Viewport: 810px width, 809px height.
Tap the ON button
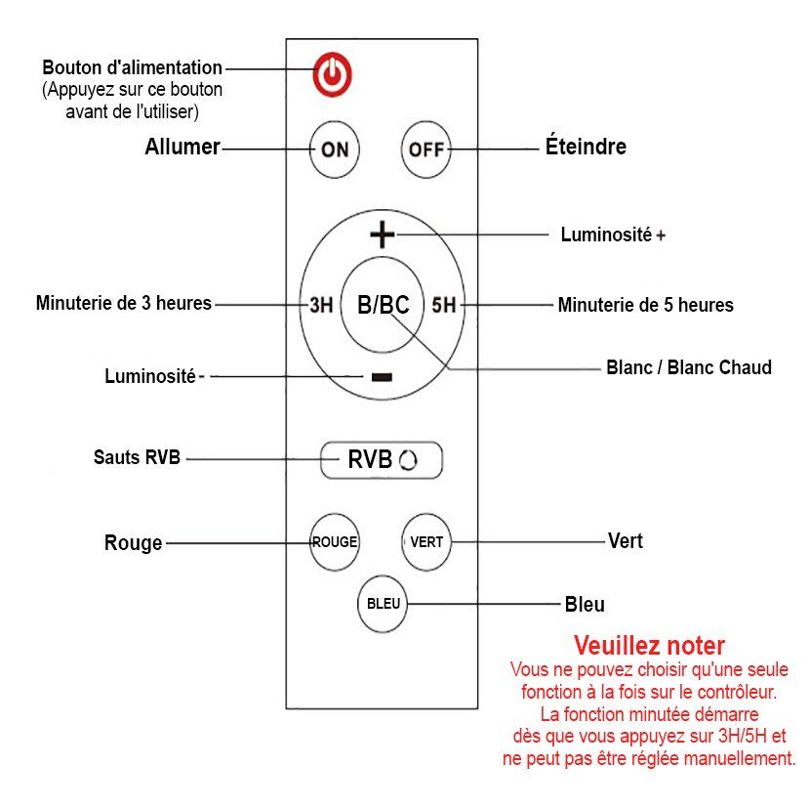[x=335, y=149]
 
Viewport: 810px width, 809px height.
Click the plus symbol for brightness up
[x=383, y=234]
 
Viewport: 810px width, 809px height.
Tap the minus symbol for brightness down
[x=382, y=377]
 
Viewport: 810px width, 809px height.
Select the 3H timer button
[x=321, y=305]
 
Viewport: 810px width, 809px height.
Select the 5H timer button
[x=444, y=305]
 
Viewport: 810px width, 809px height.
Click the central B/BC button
[x=383, y=305]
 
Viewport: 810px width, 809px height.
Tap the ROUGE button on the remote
[x=334, y=542]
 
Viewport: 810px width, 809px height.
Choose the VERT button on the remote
[x=426, y=542]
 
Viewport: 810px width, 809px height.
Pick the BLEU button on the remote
[x=383, y=604]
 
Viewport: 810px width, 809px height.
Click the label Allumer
[x=182, y=148]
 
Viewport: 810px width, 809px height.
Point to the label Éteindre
[x=585, y=148]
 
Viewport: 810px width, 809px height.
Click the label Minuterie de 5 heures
[x=645, y=305]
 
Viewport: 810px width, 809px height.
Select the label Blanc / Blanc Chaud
[x=688, y=368]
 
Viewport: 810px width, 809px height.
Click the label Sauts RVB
[x=138, y=456]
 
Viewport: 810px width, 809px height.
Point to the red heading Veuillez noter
[x=649, y=646]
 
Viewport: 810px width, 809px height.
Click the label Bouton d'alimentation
[x=132, y=68]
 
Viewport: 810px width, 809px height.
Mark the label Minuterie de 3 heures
[x=124, y=303]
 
